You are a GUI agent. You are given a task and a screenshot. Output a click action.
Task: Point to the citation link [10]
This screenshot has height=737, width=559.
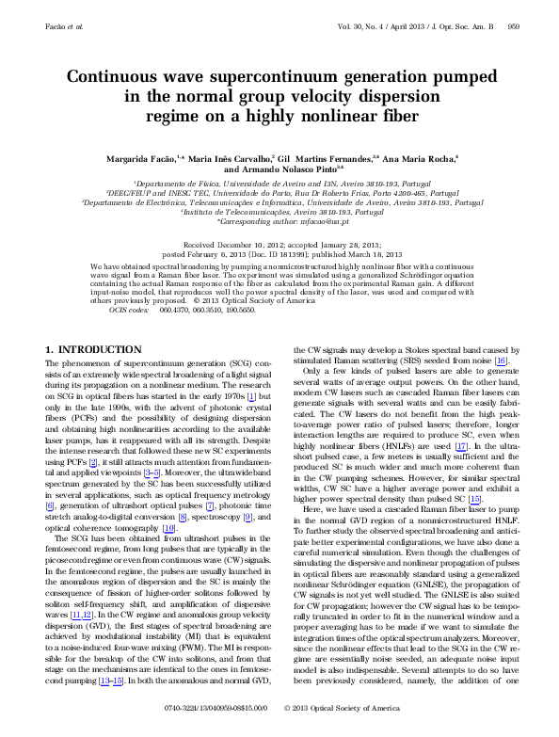169,530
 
